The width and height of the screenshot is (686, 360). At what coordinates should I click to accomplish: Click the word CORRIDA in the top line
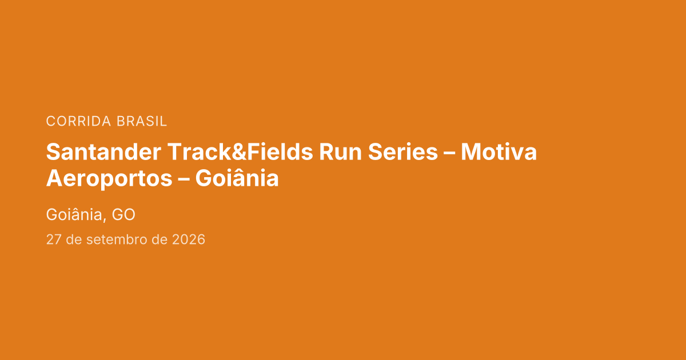point(78,121)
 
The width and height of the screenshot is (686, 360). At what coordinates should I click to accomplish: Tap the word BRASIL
point(142,121)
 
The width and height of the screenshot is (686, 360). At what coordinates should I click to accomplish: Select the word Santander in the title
point(103,152)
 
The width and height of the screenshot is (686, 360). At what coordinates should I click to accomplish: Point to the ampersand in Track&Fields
point(239,152)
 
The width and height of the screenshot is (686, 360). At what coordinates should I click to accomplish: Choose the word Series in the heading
point(402,152)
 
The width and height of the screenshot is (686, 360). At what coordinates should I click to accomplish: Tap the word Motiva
point(498,152)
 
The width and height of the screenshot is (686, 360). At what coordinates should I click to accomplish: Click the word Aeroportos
point(109,179)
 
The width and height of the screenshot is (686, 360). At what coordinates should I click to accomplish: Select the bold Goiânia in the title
point(237,178)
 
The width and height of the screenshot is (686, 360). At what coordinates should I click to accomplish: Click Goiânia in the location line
point(74,214)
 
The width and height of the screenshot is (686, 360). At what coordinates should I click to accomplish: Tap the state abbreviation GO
point(123,215)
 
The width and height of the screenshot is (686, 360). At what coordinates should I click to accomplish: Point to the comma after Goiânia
point(105,220)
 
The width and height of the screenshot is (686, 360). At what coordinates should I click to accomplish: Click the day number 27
point(54,239)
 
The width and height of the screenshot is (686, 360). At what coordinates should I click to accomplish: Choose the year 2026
point(188,239)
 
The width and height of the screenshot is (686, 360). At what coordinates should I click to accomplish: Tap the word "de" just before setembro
point(74,239)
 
